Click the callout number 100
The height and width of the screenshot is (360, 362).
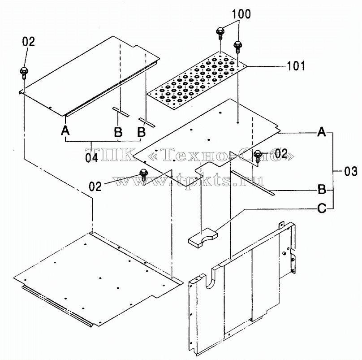[241, 14]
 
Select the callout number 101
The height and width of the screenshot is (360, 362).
[296, 66]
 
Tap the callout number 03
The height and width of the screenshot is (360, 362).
[350, 171]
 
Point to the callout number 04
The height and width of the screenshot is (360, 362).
[91, 158]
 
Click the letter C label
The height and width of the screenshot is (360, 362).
[322, 208]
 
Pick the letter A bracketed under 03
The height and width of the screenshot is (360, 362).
[322, 132]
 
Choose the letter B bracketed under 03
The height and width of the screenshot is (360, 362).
[322, 189]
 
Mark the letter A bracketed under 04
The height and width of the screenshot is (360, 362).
[65, 130]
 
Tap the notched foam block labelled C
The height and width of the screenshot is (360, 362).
[203, 238]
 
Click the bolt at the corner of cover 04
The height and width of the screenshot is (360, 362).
[24, 73]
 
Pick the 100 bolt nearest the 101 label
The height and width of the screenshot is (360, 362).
[237, 47]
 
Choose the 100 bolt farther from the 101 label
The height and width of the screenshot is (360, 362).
[220, 34]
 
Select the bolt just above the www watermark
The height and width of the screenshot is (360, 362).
[143, 175]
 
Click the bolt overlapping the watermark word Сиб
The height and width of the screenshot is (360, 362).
[258, 156]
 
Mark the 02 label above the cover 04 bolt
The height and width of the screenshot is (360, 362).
[28, 42]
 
